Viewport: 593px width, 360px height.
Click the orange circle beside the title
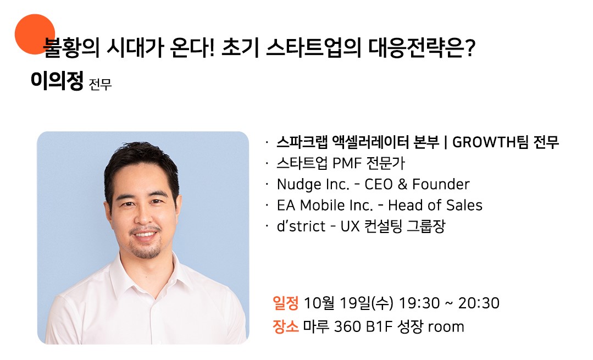coord(35,34)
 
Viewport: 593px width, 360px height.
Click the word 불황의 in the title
coord(71,48)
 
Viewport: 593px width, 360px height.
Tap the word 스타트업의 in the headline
coord(313,48)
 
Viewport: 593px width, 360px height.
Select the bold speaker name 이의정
coord(57,81)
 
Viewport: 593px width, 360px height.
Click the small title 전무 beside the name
coord(100,84)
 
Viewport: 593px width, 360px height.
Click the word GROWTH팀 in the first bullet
coord(490,142)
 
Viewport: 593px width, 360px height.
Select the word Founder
coord(441,184)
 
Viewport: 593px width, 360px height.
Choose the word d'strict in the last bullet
coord(301,226)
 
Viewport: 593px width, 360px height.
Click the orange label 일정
coord(286,303)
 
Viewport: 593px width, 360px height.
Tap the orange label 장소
coord(286,326)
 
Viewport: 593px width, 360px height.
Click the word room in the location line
coord(446,327)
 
